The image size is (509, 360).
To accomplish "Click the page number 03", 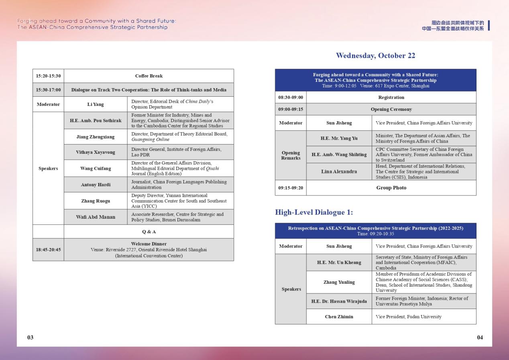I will tap(31, 337).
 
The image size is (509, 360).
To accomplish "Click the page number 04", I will tap(480, 337).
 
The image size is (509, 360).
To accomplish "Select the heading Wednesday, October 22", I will tap(375, 56).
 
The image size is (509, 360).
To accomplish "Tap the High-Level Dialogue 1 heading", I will tap(314, 212).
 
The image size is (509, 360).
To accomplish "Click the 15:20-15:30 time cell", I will tap(48, 76).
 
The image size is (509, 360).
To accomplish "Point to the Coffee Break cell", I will tap(149, 76).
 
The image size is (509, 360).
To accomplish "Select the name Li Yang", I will tap(96, 104).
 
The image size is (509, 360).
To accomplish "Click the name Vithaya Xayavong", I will tap(96, 152).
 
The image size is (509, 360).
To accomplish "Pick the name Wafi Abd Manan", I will tap(96, 217).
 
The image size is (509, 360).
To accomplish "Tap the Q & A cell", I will tap(149, 232).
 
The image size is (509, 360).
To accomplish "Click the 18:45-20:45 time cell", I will tap(48, 250).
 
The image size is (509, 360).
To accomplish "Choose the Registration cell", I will tap(391, 97).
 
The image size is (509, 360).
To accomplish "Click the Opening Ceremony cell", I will tap(391, 109).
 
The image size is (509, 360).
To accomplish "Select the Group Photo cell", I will tap(391, 188).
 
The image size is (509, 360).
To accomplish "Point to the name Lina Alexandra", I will tap(339, 171).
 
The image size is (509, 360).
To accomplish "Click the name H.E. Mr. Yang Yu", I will tap(339, 138).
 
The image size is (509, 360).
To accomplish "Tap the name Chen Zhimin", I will tap(339, 317).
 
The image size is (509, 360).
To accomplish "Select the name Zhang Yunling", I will tap(339, 282).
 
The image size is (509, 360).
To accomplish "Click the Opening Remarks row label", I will tap(291, 155).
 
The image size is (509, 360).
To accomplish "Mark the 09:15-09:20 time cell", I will tap(291, 188).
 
